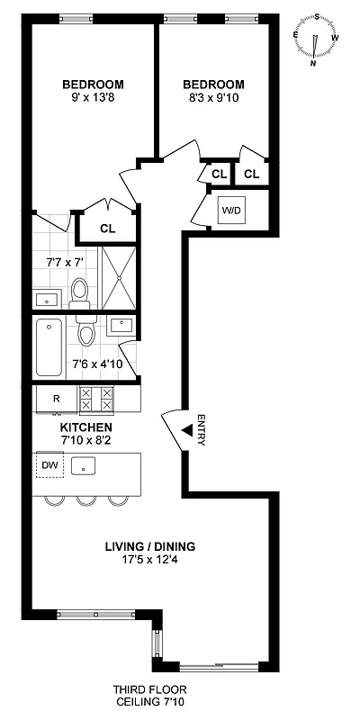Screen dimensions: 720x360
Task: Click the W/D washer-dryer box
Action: pos(231,211)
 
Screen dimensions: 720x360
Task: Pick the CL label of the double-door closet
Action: pos(107,229)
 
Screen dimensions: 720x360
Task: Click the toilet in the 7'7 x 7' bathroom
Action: pos(80,291)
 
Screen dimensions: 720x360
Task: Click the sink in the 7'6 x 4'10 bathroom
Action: pos(121,326)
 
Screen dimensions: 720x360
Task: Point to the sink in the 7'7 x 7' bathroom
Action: pos(46,298)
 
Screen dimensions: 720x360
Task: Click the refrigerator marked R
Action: pos(55,398)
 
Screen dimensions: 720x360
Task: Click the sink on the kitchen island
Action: pos(86,466)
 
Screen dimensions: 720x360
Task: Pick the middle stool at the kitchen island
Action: pos(86,499)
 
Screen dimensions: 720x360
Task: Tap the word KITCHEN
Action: pos(85,426)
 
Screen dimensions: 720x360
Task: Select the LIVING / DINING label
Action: pos(149,546)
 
